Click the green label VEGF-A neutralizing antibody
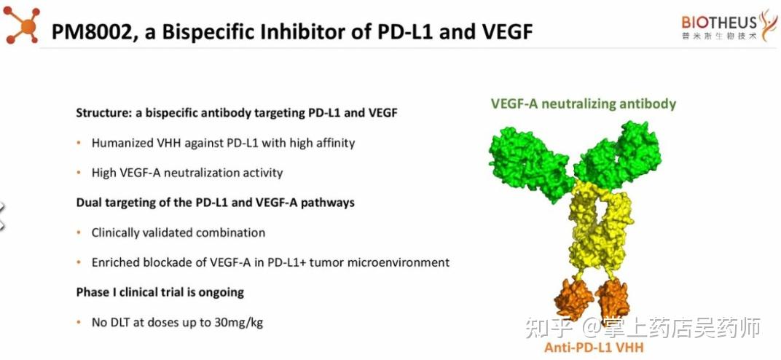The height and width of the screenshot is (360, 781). tap(583, 104)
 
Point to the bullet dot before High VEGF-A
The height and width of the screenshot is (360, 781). tap(79, 173)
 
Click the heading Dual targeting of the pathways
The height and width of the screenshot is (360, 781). tap(215, 202)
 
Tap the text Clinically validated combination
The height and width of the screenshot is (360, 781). tap(178, 233)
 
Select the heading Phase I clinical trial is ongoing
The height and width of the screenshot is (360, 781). tap(160, 292)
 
